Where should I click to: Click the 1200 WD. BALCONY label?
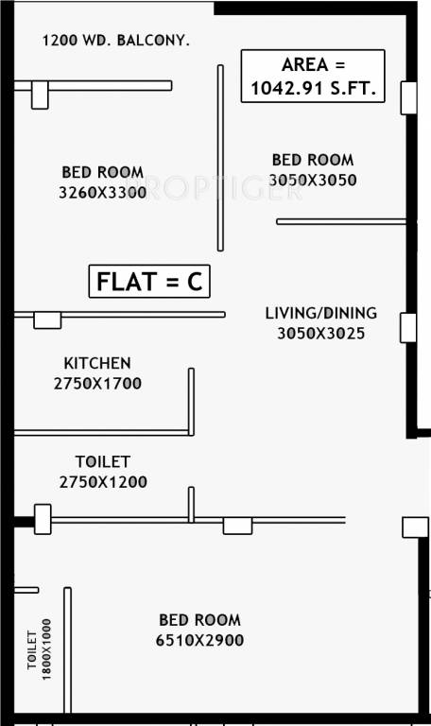tap(115, 41)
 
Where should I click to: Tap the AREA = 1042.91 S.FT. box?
tap(312, 77)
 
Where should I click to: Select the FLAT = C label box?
tap(149, 283)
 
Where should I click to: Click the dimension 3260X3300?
tap(102, 192)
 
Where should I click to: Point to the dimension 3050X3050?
tap(313, 180)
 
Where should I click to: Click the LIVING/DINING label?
tap(320, 313)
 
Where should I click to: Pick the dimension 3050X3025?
tap(320, 333)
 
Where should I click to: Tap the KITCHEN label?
tap(96, 363)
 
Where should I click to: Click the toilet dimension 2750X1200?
tap(102, 482)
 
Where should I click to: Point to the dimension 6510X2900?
tap(199, 640)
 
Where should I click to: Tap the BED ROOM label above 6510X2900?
tap(199, 620)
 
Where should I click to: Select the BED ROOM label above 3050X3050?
tap(313, 160)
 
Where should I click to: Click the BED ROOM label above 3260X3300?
tap(102, 172)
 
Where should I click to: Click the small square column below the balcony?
tap(40, 95)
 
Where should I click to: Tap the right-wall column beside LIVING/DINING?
tap(408, 326)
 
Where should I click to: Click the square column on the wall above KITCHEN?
tap(47, 320)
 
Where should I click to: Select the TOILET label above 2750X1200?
tap(102, 462)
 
